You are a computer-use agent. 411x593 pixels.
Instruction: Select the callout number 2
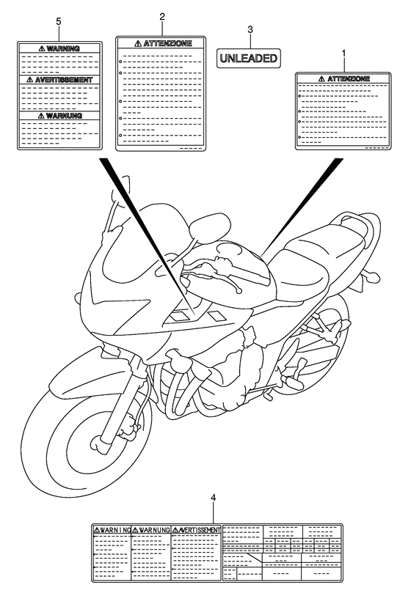(x=163, y=15)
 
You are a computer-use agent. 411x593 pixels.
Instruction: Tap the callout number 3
(x=250, y=30)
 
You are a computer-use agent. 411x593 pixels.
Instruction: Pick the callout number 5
(x=58, y=23)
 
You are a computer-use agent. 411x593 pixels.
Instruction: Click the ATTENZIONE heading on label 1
(x=343, y=78)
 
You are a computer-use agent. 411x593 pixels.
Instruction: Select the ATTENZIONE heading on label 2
(x=164, y=44)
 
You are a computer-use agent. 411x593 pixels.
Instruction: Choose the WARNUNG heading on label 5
(x=58, y=116)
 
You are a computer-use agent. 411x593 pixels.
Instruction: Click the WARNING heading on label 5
(x=58, y=49)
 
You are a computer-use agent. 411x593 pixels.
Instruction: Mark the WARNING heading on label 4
(x=112, y=529)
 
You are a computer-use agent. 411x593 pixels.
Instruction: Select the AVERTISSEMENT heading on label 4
(x=197, y=529)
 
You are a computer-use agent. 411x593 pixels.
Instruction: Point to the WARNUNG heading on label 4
(x=151, y=529)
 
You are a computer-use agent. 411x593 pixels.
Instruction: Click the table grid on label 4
(x=281, y=551)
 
